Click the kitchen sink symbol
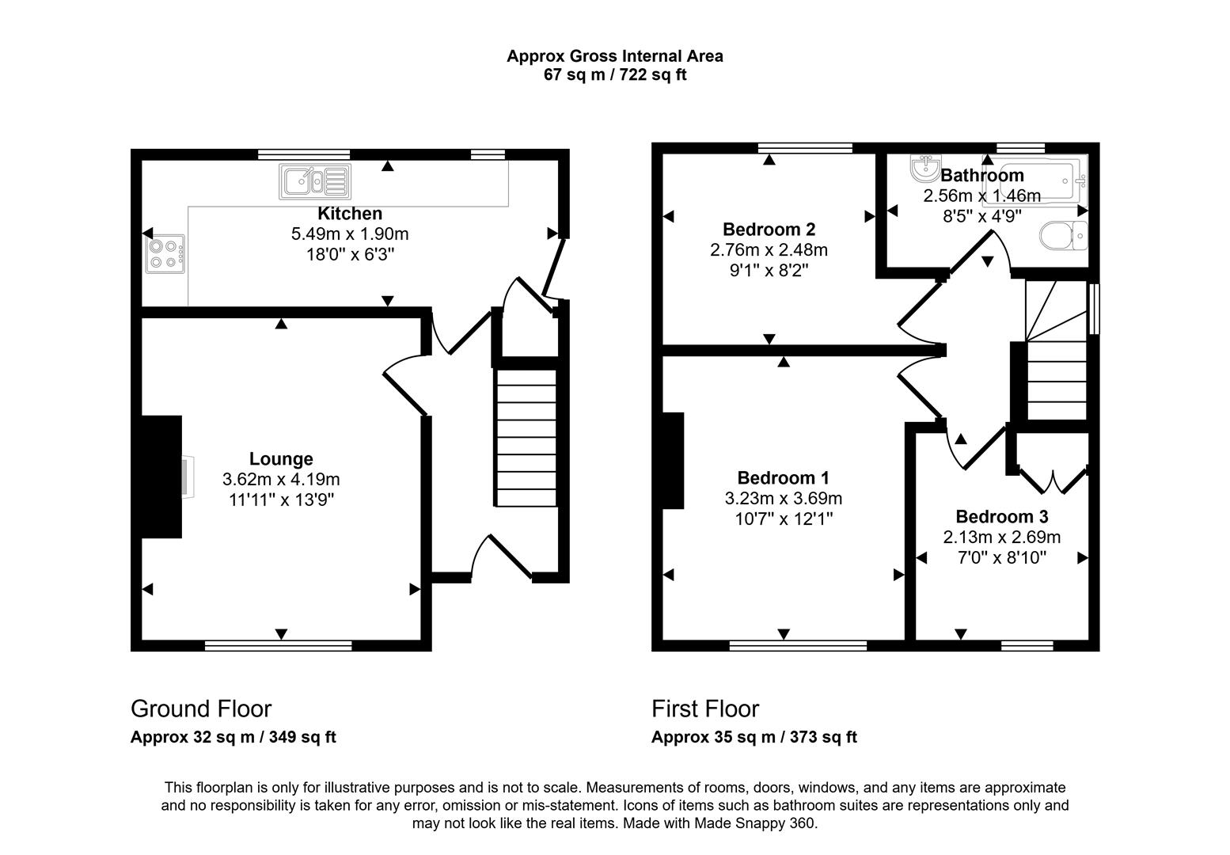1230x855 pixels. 313,182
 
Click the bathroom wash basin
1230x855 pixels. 923,168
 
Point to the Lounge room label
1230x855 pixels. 281,459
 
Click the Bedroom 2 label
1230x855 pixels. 769,230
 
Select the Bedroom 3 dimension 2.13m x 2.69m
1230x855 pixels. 1001,538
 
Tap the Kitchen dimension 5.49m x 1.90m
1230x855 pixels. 350,234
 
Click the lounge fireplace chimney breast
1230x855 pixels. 161,477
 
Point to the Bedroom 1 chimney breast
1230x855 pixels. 673,460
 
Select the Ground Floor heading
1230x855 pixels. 201,709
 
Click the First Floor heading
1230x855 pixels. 705,709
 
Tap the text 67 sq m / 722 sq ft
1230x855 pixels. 614,76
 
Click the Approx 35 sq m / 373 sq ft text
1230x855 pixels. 754,737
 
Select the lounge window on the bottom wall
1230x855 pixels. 278,646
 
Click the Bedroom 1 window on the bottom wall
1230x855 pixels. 798,646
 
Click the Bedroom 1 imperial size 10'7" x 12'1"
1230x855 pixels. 783,519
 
